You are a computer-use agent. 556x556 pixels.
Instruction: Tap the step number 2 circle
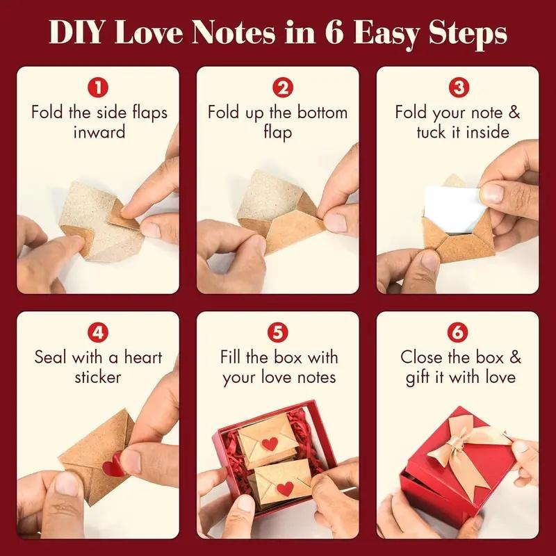(278, 89)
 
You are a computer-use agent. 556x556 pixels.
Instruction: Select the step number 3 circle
(457, 89)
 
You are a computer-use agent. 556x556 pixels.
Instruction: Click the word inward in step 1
(99, 131)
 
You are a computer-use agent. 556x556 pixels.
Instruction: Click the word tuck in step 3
(432, 131)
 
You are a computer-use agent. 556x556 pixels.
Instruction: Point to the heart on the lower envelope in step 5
(284, 489)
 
